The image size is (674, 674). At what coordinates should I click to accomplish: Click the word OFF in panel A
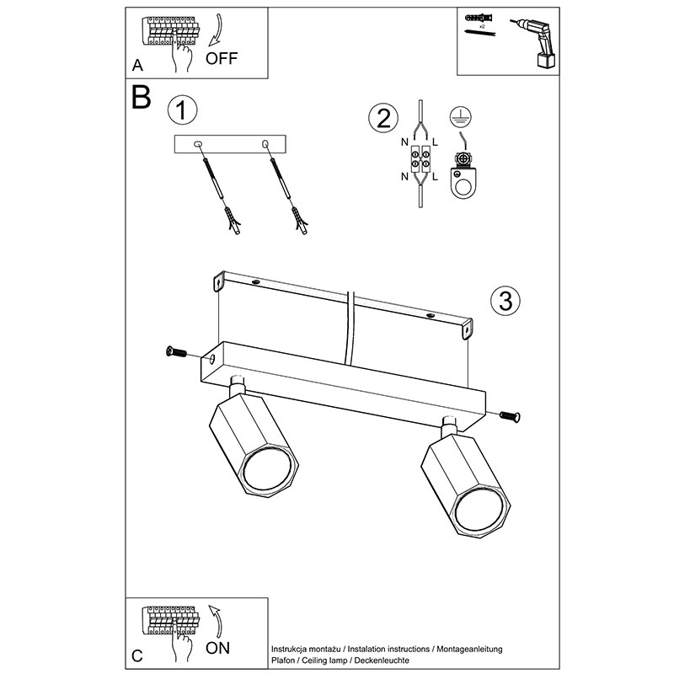tap(222, 58)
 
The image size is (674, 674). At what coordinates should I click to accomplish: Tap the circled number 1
tap(183, 110)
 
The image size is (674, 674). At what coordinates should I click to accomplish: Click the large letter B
tap(141, 97)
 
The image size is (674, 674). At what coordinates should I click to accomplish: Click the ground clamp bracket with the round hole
tap(462, 173)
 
